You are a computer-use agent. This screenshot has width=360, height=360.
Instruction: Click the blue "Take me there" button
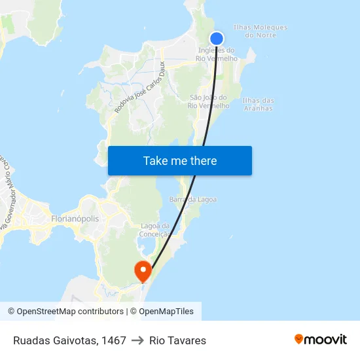180,160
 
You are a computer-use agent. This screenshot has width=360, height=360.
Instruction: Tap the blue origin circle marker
217,39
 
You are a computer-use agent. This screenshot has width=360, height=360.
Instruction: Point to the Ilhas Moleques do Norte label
260,31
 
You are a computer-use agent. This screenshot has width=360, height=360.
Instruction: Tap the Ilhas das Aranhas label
258,104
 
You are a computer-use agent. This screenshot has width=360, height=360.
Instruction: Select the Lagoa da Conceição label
154,230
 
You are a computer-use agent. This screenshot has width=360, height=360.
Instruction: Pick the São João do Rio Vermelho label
208,101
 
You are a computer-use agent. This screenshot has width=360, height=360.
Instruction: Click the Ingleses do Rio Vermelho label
217,54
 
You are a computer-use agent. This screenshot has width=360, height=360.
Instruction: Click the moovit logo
321,340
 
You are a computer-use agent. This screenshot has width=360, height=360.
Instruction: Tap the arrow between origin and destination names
137,340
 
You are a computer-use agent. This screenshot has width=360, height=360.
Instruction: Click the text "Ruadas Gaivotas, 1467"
69,340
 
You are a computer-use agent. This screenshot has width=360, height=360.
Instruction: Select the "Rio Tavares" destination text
177,340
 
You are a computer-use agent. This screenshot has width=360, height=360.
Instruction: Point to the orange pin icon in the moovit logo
299,339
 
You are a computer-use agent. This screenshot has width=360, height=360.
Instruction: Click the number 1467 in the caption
114,340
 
